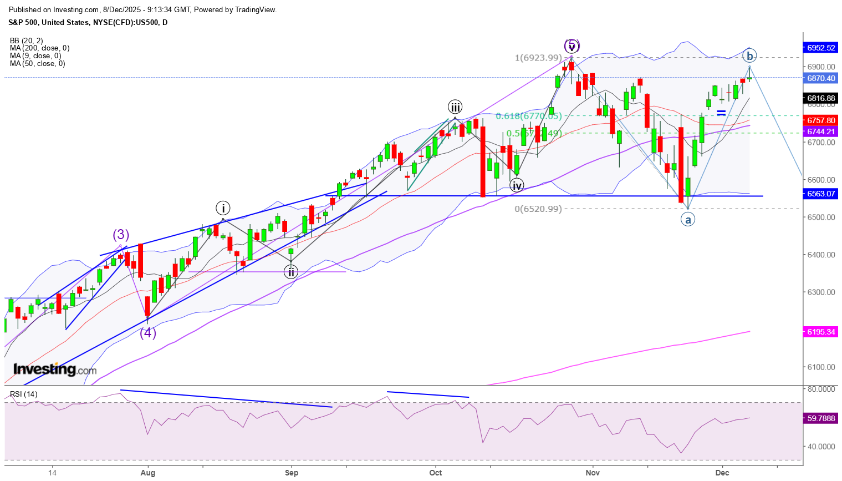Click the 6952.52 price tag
(x=821, y=48)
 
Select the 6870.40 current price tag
(x=821, y=78)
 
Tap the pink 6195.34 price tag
(x=821, y=332)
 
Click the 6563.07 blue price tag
(x=821, y=194)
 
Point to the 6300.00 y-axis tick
(x=821, y=292)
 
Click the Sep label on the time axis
(x=292, y=473)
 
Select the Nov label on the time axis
(x=593, y=473)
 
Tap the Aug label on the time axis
(x=148, y=473)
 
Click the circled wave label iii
(x=455, y=107)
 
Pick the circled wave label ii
(x=291, y=272)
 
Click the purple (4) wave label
(x=147, y=333)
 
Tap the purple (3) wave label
(x=121, y=235)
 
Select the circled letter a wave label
(x=688, y=220)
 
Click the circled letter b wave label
(x=749, y=56)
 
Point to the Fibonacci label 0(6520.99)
(x=538, y=209)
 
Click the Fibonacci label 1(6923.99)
(x=538, y=58)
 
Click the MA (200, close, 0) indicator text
(x=39, y=48)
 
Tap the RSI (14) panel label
(x=24, y=394)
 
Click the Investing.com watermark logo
(x=55, y=369)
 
